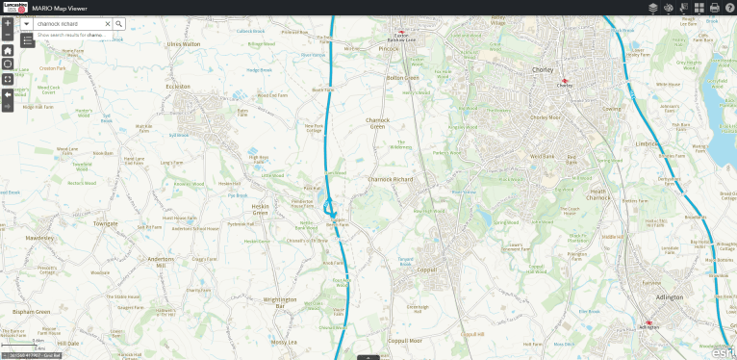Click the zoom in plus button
click(8, 22)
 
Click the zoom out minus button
click(8, 35)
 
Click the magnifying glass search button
click(119, 23)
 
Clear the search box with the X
click(107, 23)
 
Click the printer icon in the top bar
click(714, 8)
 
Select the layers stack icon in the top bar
click(652, 8)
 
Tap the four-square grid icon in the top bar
click(699, 8)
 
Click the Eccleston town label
click(180, 85)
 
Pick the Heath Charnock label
click(598, 194)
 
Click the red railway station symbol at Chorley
click(565, 80)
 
